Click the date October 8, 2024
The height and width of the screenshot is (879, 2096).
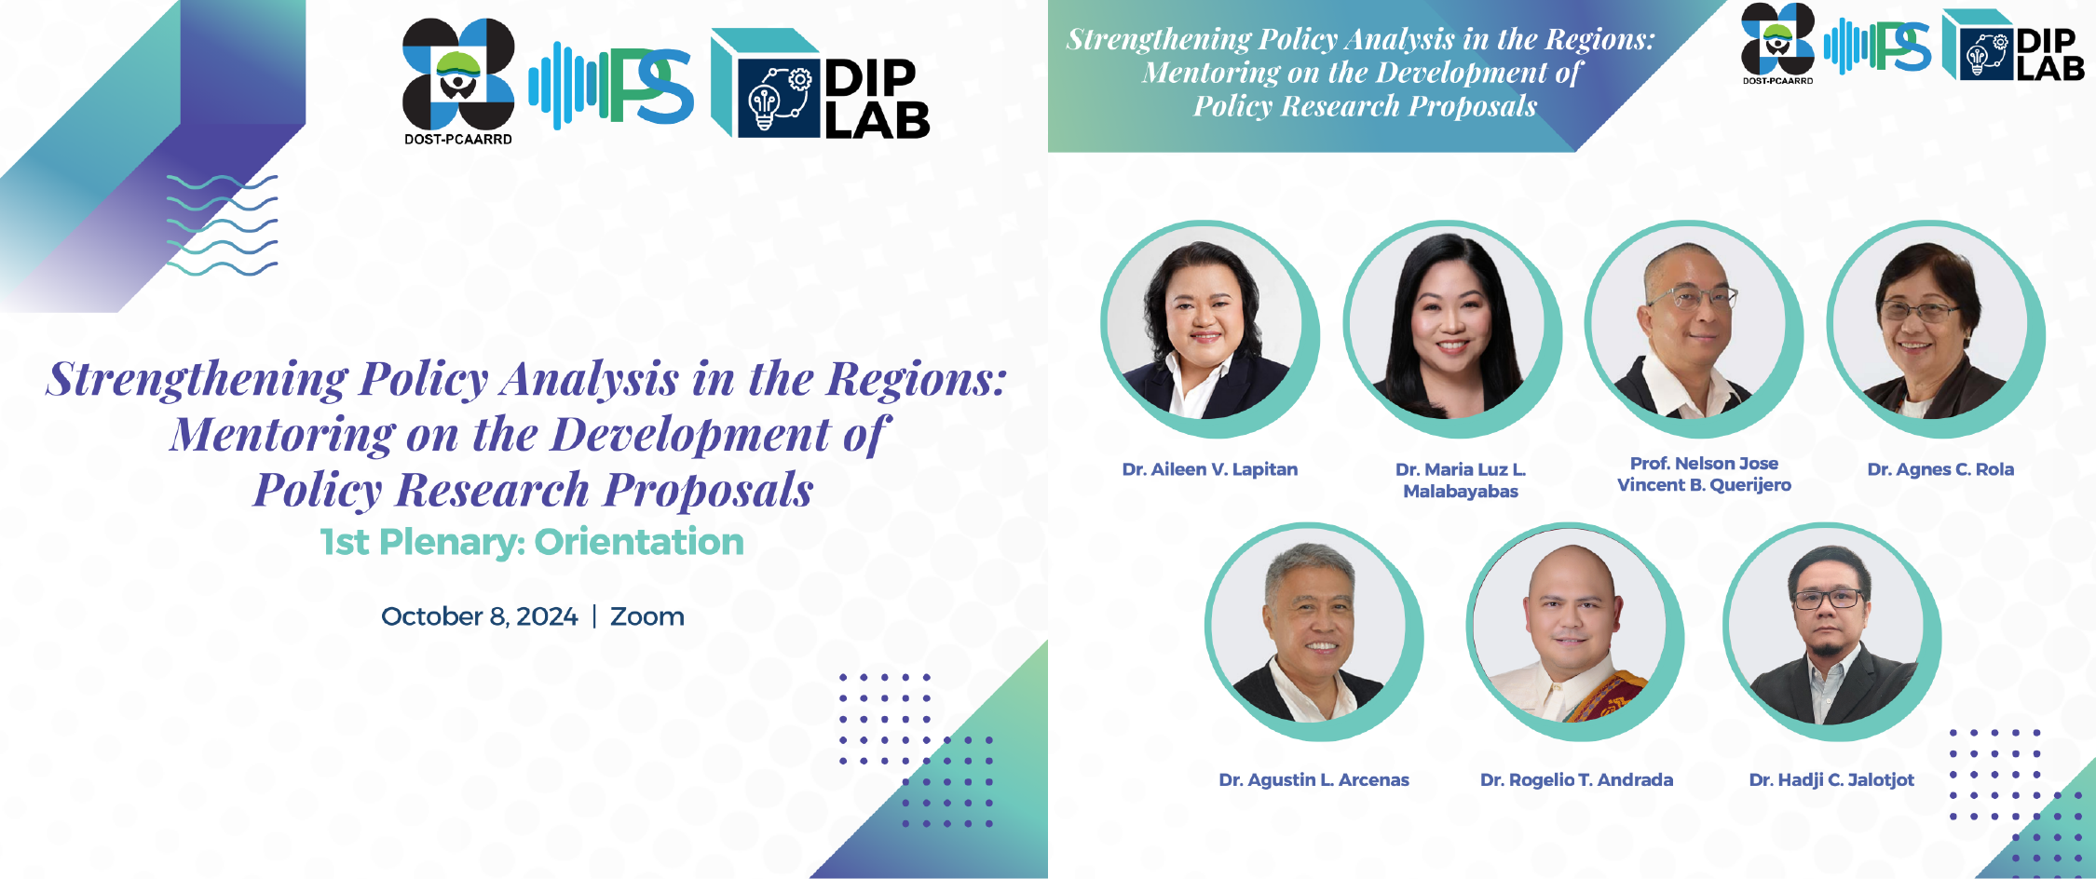pyautogui.click(x=480, y=616)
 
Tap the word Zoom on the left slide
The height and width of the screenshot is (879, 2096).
pyautogui.click(x=647, y=616)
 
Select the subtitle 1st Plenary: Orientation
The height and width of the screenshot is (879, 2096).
pyautogui.click(x=532, y=542)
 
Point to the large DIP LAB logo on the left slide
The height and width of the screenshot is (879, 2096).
pyautogui.click(x=820, y=85)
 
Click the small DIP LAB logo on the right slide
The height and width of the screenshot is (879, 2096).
pyautogui.click(x=2013, y=45)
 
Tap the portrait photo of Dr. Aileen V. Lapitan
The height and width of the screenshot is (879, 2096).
pyautogui.click(x=1209, y=329)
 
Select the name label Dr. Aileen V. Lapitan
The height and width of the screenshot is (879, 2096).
pyautogui.click(x=1209, y=469)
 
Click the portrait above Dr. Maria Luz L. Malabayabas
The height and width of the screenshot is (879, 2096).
pyautogui.click(x=1452, y=329)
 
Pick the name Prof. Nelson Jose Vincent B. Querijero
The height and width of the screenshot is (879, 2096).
pyautogui.click(x=1704, y=474)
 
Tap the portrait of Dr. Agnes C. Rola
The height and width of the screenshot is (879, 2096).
pyautogui.click(x=1936, y=329)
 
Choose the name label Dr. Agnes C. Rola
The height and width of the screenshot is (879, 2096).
pyautogui.click(x=1940, y=469)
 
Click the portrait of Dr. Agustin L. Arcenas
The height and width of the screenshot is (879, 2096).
pyautogui.click(x=1313, y=631)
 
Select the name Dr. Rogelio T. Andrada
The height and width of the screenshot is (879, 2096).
pyautogui.click(x=1576, y=779)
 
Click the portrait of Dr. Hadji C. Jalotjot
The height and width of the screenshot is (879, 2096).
pyautogui.click(x=1832, y=631)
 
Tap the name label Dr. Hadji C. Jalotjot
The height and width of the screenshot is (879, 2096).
pyautogui.click(x=1831, y=780)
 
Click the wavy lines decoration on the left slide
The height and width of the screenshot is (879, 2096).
pyautogui.click(x=222, y=225)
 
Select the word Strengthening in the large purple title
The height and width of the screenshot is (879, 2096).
pyautogui.click(x=197, y=380)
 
